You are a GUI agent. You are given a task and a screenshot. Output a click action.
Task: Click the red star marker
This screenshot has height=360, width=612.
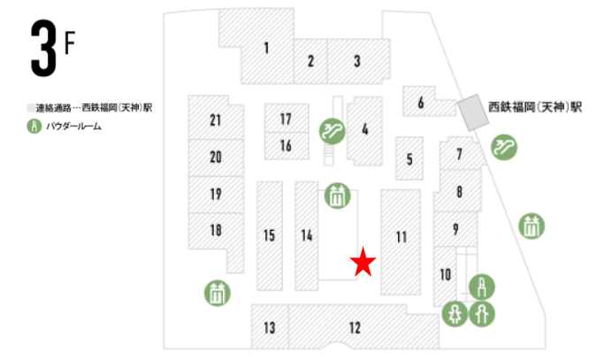[363, 263]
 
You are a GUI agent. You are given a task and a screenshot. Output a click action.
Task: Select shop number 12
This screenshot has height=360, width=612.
[355, 328]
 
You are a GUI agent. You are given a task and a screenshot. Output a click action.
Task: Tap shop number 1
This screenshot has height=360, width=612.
[265, 48]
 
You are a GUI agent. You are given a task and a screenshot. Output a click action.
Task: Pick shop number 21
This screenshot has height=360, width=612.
[215, 119]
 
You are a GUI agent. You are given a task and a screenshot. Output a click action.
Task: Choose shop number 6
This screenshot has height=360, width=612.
[421, 102]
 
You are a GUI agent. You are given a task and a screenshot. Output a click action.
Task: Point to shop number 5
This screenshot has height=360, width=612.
[409, 160]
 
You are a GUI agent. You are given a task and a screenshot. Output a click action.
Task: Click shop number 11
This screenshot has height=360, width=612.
[401, 237]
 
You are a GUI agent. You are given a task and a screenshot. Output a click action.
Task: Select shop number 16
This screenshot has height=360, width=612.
[286, 145]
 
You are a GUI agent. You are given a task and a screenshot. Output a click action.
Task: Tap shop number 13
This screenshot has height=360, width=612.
[270, 328]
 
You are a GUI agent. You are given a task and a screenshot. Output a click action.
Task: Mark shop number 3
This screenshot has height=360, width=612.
[356, 61]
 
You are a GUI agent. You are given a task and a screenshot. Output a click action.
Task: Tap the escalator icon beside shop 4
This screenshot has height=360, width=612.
[332, 132]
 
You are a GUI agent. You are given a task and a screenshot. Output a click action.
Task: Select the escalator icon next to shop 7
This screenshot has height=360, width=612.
[505, 145]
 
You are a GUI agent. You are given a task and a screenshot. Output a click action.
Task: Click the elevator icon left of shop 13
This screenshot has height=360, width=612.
[217, 292]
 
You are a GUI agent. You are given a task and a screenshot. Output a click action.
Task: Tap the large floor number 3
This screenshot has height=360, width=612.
[42, 51]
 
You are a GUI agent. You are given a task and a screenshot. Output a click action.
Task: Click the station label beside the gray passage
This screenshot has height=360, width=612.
[535, 107]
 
